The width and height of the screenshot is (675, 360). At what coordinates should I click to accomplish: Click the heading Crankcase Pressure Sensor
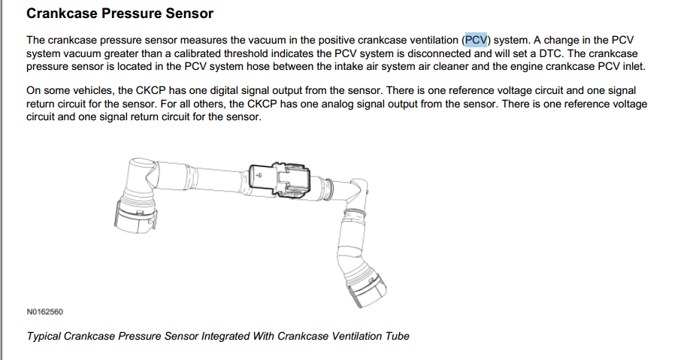pyautogui.click(x=120, y=14)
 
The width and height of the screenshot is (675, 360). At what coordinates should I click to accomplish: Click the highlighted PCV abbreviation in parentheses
pyautogui.click(x=476, y=40)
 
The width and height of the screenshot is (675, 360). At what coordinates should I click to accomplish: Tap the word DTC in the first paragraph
pyautogui.click(x=550, y=53)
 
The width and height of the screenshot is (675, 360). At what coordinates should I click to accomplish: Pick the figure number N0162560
pyautogui.click(x=45, y=312)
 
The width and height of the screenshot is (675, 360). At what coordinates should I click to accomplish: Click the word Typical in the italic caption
pyautogui.click(x=44, y=336)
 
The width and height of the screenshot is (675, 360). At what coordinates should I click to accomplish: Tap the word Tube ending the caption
pyautogui.click(x=397, y=336)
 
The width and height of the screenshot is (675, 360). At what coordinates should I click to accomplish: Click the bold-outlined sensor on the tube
pyautogui.click(x=280, y=180)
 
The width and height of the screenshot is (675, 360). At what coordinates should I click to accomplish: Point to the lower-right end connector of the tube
pyautogui.click(x=366, y=287)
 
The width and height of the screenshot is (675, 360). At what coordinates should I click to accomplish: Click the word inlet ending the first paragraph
pyautogui.click(x=634, y=67)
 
